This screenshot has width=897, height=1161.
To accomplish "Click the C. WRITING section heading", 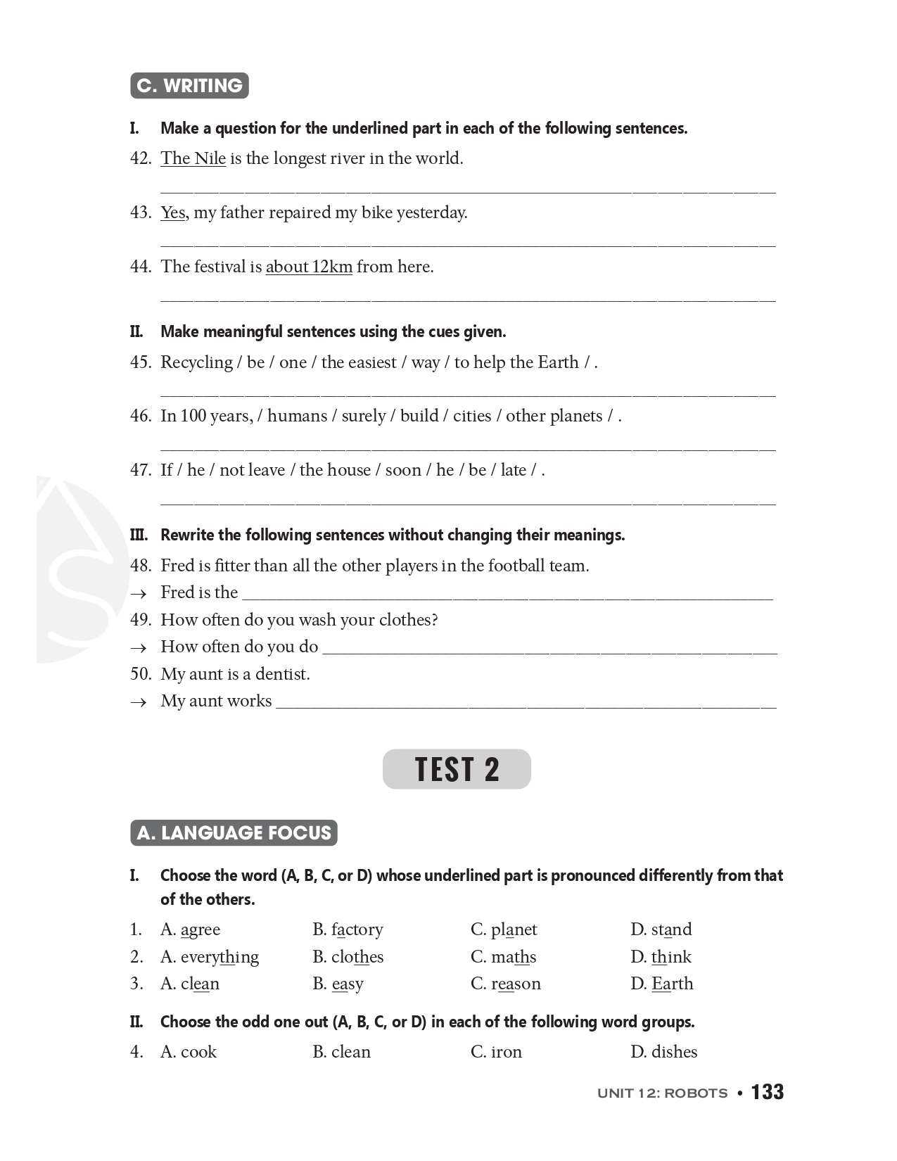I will tap(189, 86).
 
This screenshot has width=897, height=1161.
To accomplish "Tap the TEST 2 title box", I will tap(457, 769).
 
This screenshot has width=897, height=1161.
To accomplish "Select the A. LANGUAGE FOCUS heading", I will tap(234, 833).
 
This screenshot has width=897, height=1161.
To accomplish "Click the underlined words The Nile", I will tap(193, 158).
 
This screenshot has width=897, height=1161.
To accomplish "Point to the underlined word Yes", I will tap(173, 212).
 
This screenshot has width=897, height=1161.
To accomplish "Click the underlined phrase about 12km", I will tap(309, 267).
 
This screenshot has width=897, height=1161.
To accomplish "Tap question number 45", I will tap(141, 362).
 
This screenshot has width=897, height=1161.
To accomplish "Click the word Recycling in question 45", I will tap(196, 362).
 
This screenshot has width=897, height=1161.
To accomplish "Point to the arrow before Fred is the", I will tap(139, 594).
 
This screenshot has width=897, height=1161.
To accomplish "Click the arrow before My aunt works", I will tap(139, 702).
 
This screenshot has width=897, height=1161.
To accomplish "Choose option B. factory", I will tap(348, 930).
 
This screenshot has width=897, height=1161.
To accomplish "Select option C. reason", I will tap(505, 984).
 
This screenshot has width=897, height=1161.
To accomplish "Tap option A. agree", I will tap(190, 930).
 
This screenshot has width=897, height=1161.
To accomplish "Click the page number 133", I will tap(767, 1092).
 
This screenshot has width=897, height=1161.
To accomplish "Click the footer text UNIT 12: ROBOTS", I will tap(662, 1093).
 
